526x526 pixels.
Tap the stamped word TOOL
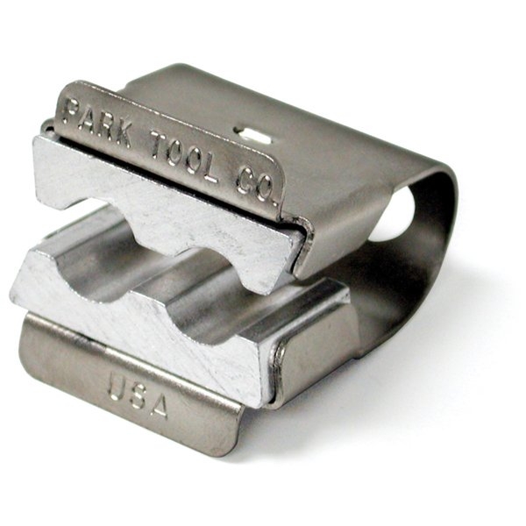click(x=183, y=158)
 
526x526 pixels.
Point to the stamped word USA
click(x=138, y=396)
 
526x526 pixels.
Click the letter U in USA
click(x=117, y=388)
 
